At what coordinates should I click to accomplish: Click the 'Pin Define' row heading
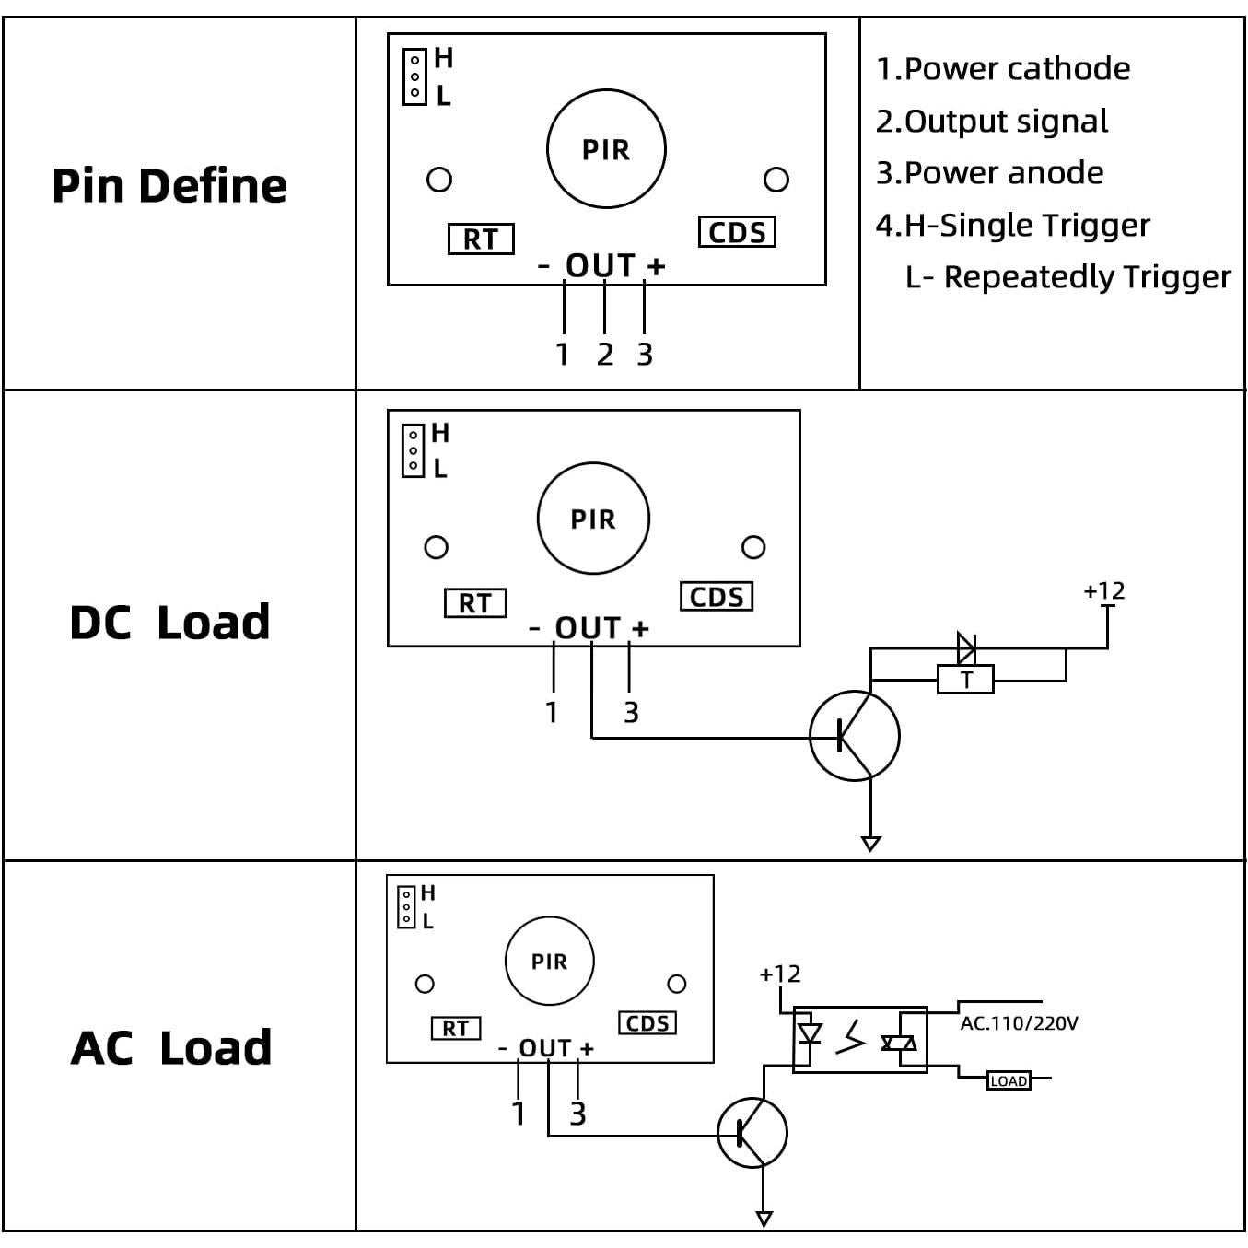tap(169, 186)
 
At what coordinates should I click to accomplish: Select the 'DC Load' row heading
tap(169, 623)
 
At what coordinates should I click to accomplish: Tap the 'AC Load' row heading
tap(171, 1048)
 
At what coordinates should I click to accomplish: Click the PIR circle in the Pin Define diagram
tap(606, 149)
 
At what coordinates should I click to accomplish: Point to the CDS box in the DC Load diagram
tap(717, 597)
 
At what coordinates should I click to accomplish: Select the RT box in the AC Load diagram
tap(456, 1028)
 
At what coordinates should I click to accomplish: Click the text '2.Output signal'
tap(991, 121)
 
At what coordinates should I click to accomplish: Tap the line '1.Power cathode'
tap(1002, 69)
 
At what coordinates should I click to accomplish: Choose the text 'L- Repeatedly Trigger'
tap(1067, 276)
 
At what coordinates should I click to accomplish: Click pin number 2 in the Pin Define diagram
tap(604, 355)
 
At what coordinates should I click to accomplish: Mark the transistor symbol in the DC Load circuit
tap(854, 736)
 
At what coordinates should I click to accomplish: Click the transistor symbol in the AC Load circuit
tap(752, 1133)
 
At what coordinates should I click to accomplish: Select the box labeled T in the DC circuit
tap(965, 680)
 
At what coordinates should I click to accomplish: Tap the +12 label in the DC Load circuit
tap(1103, 591)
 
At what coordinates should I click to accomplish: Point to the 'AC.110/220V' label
tap(1019, 1023)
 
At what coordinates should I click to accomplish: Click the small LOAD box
tap(1009, 1080)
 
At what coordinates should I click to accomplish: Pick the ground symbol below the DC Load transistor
tap(870, 843)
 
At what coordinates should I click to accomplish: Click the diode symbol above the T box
tap(965, 648)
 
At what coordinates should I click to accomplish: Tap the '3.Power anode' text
tap(989, 173)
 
